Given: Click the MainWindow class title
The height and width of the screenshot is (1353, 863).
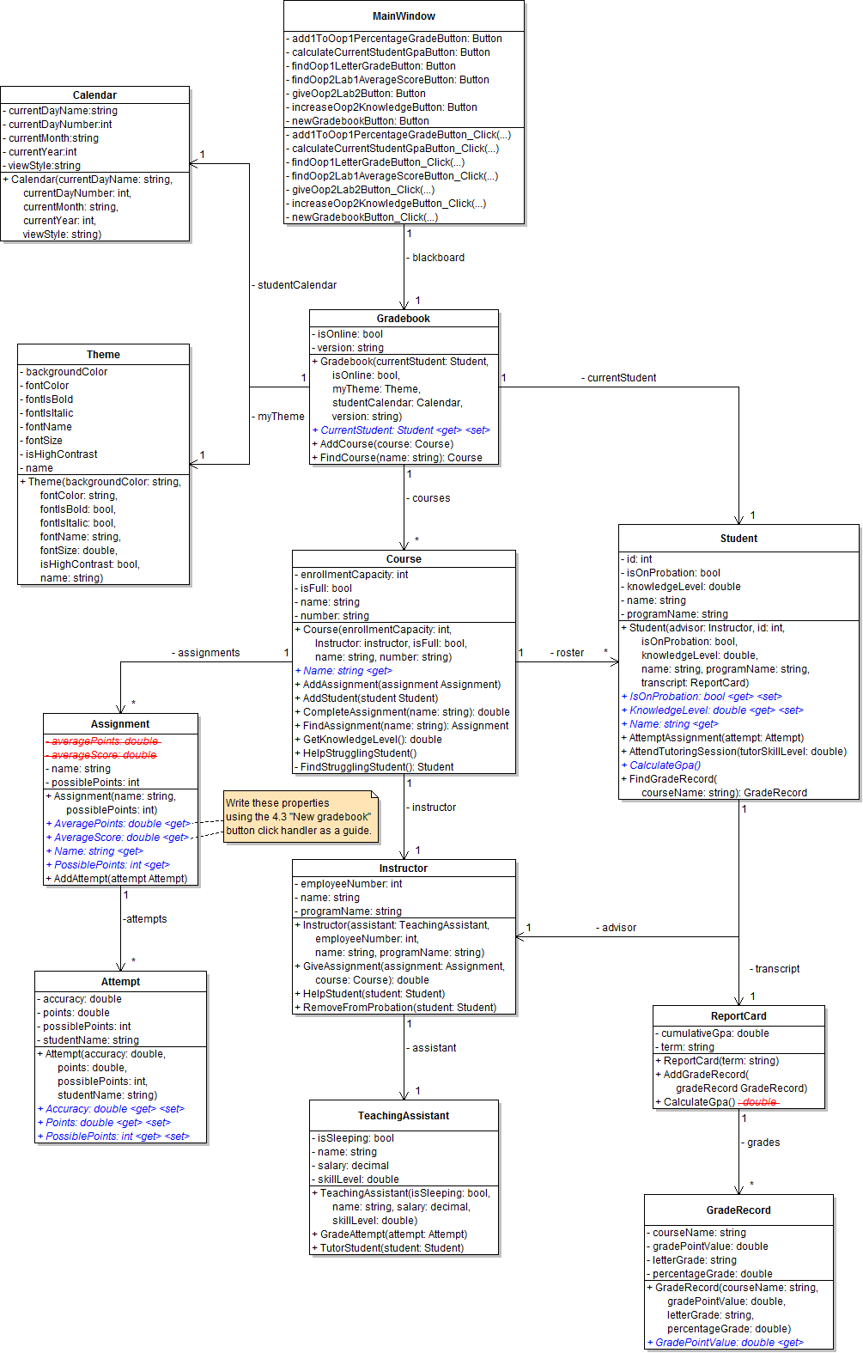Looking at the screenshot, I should [404, 16].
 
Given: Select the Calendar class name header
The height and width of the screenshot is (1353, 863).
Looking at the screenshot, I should [94, 95].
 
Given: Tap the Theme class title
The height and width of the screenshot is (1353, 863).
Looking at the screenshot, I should [103, 355].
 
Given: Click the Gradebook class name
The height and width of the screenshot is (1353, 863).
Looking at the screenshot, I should [404, 319].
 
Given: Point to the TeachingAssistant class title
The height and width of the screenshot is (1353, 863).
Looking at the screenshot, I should [404, 1116].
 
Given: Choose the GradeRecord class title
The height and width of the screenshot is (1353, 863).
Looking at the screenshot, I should [738, 1210].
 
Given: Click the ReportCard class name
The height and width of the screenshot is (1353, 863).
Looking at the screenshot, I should [738, 1016].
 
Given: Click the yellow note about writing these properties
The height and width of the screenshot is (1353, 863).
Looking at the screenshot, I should [299, 817].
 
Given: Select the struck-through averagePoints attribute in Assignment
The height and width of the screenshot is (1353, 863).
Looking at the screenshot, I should [104, 741].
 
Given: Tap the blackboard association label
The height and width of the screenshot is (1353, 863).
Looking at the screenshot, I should [437, 258].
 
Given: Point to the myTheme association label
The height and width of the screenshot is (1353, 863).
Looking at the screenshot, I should [280, 417].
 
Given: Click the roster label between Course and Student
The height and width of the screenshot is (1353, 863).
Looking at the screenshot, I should [568, 653].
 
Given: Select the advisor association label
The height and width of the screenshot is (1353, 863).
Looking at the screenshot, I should [617, 928].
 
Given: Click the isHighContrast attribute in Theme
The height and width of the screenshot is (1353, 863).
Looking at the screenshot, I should [60, 454].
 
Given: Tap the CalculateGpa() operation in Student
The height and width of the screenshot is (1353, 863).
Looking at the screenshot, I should [665, 765].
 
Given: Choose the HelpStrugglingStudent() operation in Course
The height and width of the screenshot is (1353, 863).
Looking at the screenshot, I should [359, 753].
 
